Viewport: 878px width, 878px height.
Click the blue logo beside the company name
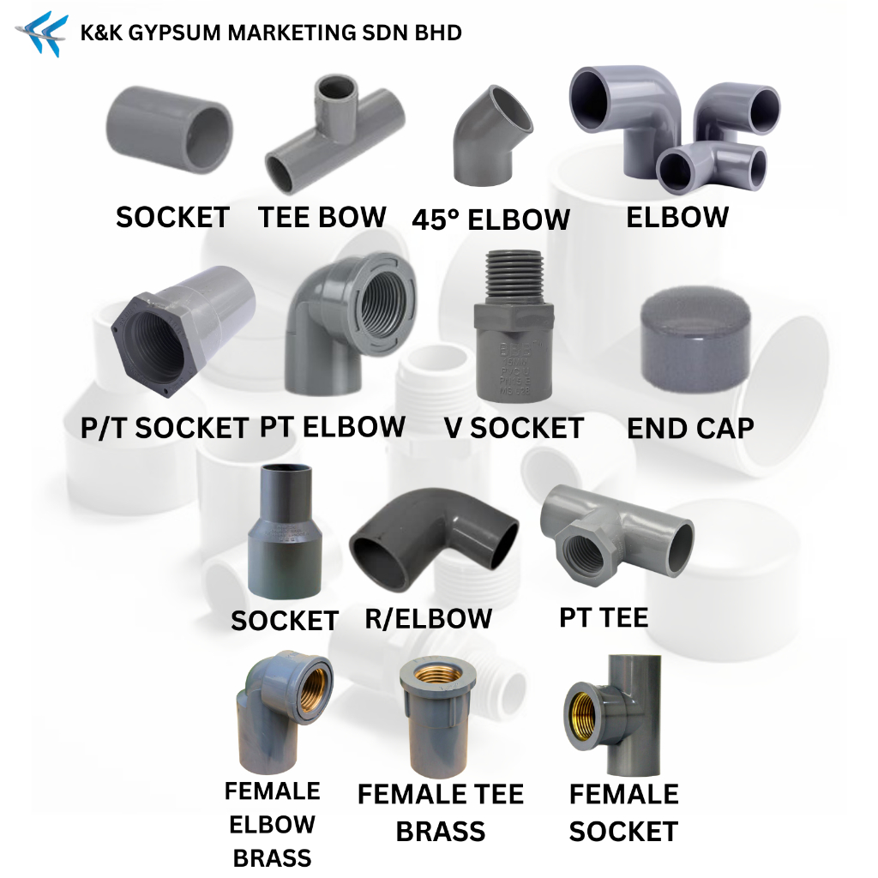(41, 33)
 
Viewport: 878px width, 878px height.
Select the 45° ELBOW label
(490, 219)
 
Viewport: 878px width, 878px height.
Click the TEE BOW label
(322, 217)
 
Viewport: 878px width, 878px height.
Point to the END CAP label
(690, 428)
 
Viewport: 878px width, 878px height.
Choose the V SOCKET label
(514, 428)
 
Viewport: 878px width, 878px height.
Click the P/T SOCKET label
(165, 427)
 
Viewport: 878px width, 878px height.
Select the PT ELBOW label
(333, 426)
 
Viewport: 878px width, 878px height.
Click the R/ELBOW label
(429, 617)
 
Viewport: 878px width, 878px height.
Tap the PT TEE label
(604, 616)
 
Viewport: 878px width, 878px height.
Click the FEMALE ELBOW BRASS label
(272, 824)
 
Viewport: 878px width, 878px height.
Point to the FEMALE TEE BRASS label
(441, 813)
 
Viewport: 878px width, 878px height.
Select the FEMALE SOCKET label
(623, 812)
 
